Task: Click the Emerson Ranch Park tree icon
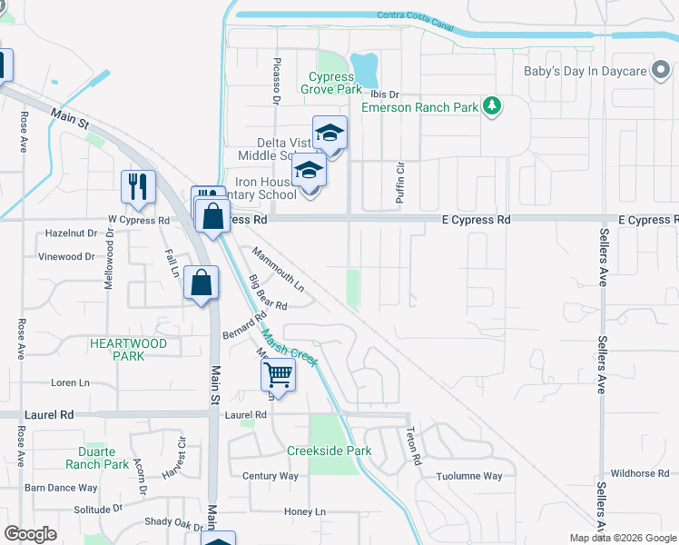[x=492, y=106]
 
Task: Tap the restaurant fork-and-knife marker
[x=138, y=186]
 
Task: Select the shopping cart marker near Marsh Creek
[x=278, y=373]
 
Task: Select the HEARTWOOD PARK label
[x=128, y=350]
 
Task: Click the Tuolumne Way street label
[x=468, y=476]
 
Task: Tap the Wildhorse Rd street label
[x=639, y=473]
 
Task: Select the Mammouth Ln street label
[x=279, y=270]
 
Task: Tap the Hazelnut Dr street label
[x=71, y=233]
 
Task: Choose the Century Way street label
[x=271, y=476]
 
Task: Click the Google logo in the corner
[x=31, y=534]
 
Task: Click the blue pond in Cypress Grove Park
[x=364, y=66]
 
